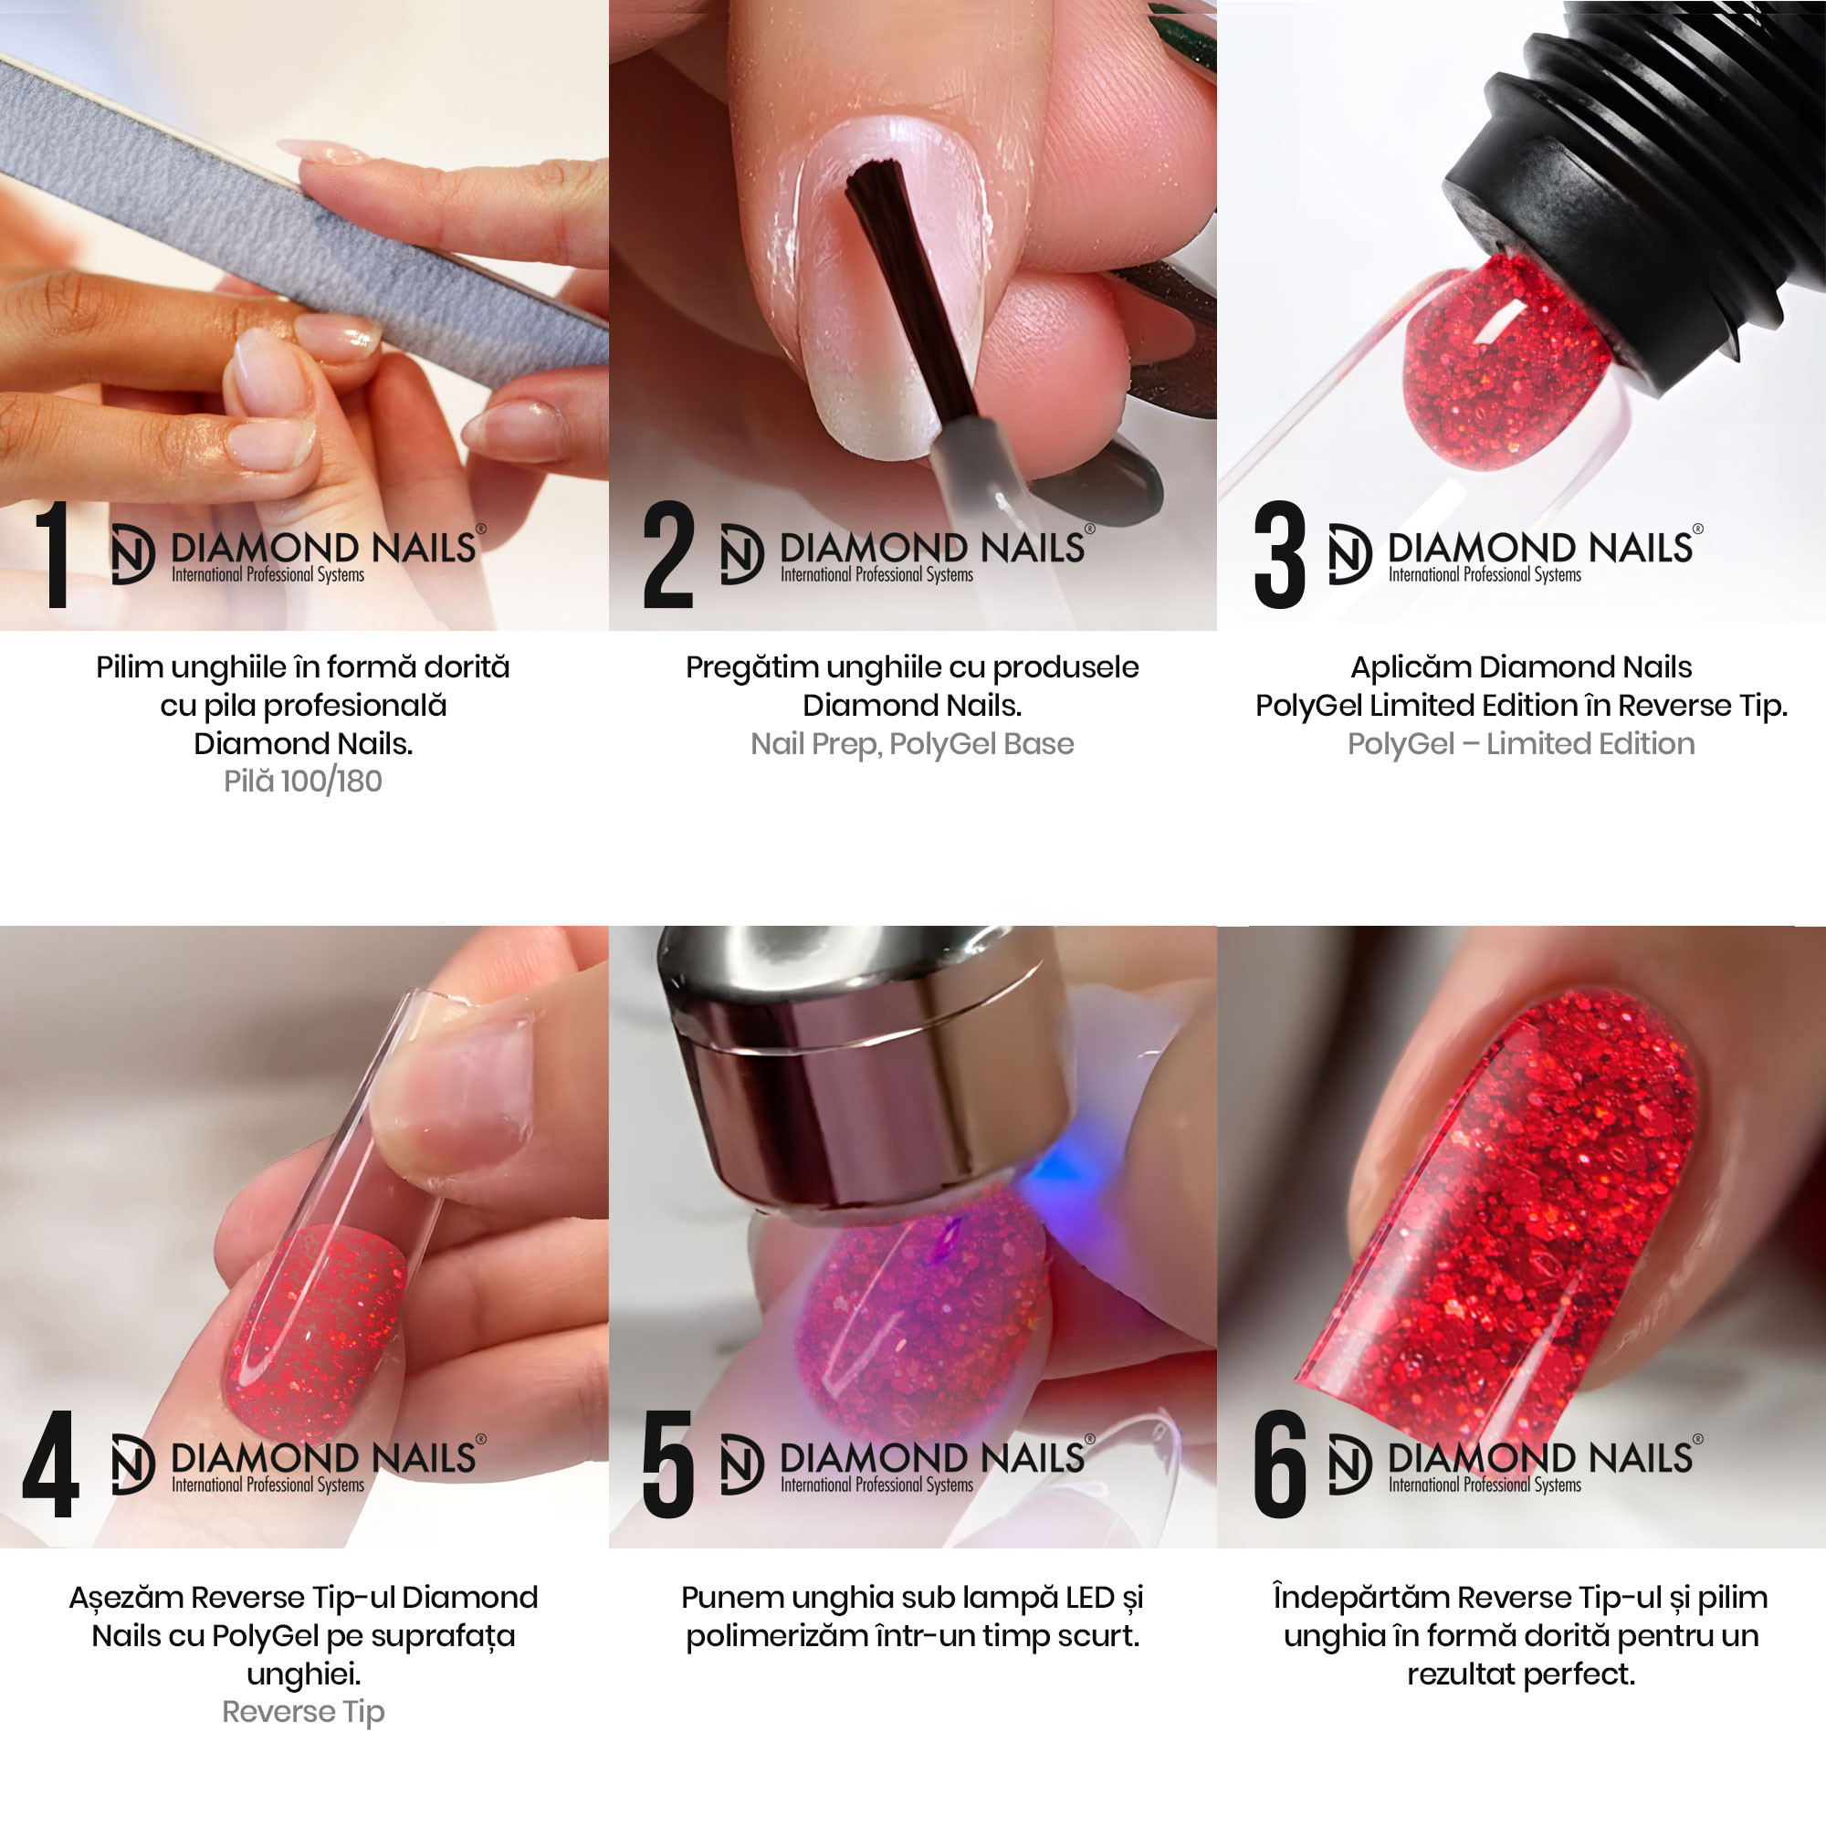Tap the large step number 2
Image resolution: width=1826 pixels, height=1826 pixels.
(x=668, y=554)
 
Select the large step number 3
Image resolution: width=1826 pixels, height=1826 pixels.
(x=1280, y=554)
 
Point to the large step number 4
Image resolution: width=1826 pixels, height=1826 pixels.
(x=50, y=1464)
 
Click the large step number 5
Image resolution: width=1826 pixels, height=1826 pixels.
(x=668, y=1464)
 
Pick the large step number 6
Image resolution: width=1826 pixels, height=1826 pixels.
(x=1280, y=1464)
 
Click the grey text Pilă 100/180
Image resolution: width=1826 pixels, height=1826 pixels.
(x=303, y=782)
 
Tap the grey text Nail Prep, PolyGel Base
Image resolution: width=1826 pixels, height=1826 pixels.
(x=912, y=745)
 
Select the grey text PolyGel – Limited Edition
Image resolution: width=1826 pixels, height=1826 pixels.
(x=1521, y=744)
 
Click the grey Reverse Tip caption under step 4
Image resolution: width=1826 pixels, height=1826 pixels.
(x=303, y=1712)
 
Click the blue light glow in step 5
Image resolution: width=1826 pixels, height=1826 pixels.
(x=1064, y=1172)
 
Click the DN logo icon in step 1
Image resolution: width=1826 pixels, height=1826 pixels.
(x=132, y=554)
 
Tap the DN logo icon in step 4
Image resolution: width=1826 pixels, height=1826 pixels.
(x=132, y=1464)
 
